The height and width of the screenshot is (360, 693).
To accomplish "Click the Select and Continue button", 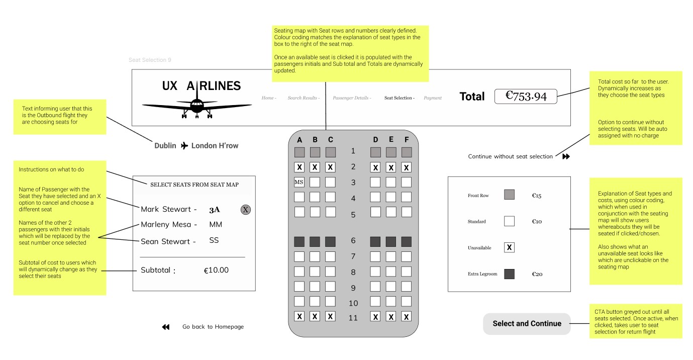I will pyautogui.click(x=527, y=324).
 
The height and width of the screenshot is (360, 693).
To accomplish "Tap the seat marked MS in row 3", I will pyautogui.click(x=299, y=182).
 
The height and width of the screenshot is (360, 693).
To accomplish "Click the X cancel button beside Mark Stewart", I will pyautogui.click(x=246, y=210).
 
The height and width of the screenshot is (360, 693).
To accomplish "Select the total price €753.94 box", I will pyautogui.click(x=526, y=96).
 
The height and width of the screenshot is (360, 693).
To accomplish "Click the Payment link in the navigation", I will pyautogui.click(x=432, y=98).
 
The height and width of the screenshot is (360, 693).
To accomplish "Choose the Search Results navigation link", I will pyautogui.click(x=303, y=98).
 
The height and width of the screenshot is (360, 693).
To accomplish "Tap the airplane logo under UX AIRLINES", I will pyautogui.click(x=197, y=107).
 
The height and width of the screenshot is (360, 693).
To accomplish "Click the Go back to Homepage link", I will pyautogui.click(x=213, y=327).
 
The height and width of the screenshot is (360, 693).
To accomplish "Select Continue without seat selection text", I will pyautogui.click(x=511, y=157).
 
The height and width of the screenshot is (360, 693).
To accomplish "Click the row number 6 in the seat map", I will pyautogui.click(x=353, y=241).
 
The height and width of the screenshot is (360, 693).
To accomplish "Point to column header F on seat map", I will pyautogui.click(x=406, y=140).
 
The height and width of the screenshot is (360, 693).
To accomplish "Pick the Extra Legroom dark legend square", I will pyautogui.click(x=509, y=274).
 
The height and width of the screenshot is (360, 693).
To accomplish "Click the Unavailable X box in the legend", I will pyautogui.click(x=509, y=247).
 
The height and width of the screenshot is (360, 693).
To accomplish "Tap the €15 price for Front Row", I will pyautogui.click(x=536, y=195).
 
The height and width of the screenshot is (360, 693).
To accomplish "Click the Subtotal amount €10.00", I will pyautogui.click(x=216, y=271).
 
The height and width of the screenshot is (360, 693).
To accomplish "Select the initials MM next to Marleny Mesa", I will pyautogui.click(x=216, y=225).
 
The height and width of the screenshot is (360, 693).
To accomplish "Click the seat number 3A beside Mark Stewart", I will pyautogui.click(x=215, y=210).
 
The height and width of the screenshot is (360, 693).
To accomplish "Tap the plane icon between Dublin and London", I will pyautogui.click(x=184, y=146).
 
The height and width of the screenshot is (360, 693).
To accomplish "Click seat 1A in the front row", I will pyautogui.click(x=300, y=151).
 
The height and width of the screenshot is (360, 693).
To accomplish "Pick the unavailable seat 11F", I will pyautogui.click(x=406, y=317).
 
